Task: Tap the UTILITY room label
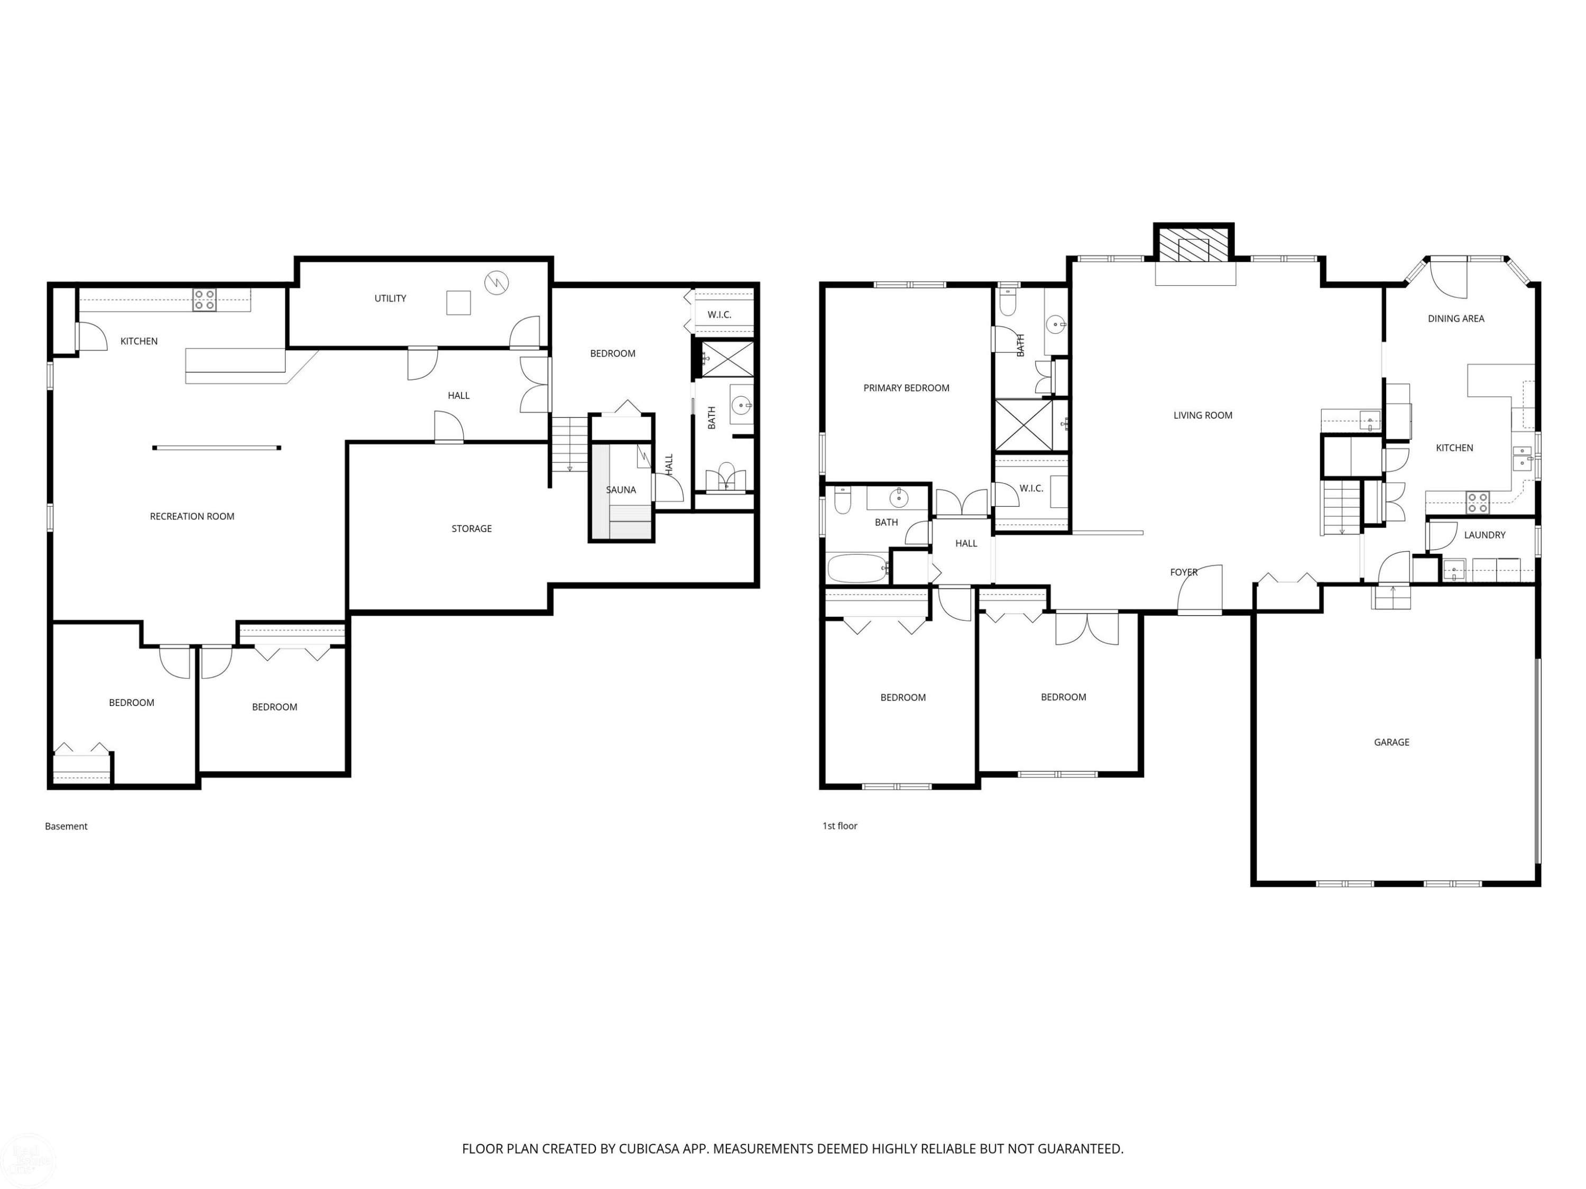click(x=390, y=298)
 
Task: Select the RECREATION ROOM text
click(x=192, y=516)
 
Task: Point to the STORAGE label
click(x=472, y=529)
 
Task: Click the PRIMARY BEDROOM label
click(x=906, y=388)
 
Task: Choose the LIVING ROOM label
click(x=1203, y=415)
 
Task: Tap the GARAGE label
click(x=1391, y=742)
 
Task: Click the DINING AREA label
click(x=1456, y=318)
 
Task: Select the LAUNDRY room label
click(x=1485, y=535)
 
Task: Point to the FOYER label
click(x=1184, y=572)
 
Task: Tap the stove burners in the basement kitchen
click(x=205, y=300)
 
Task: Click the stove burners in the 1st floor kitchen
click(x=1478, y=503)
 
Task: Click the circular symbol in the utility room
click(x=496, y=282)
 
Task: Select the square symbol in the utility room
click(x=459, y=302)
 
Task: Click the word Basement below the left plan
click(x=66, y=826)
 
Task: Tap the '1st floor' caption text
click(x=840, y=825)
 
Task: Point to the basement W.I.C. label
click(x=719, y=314)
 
